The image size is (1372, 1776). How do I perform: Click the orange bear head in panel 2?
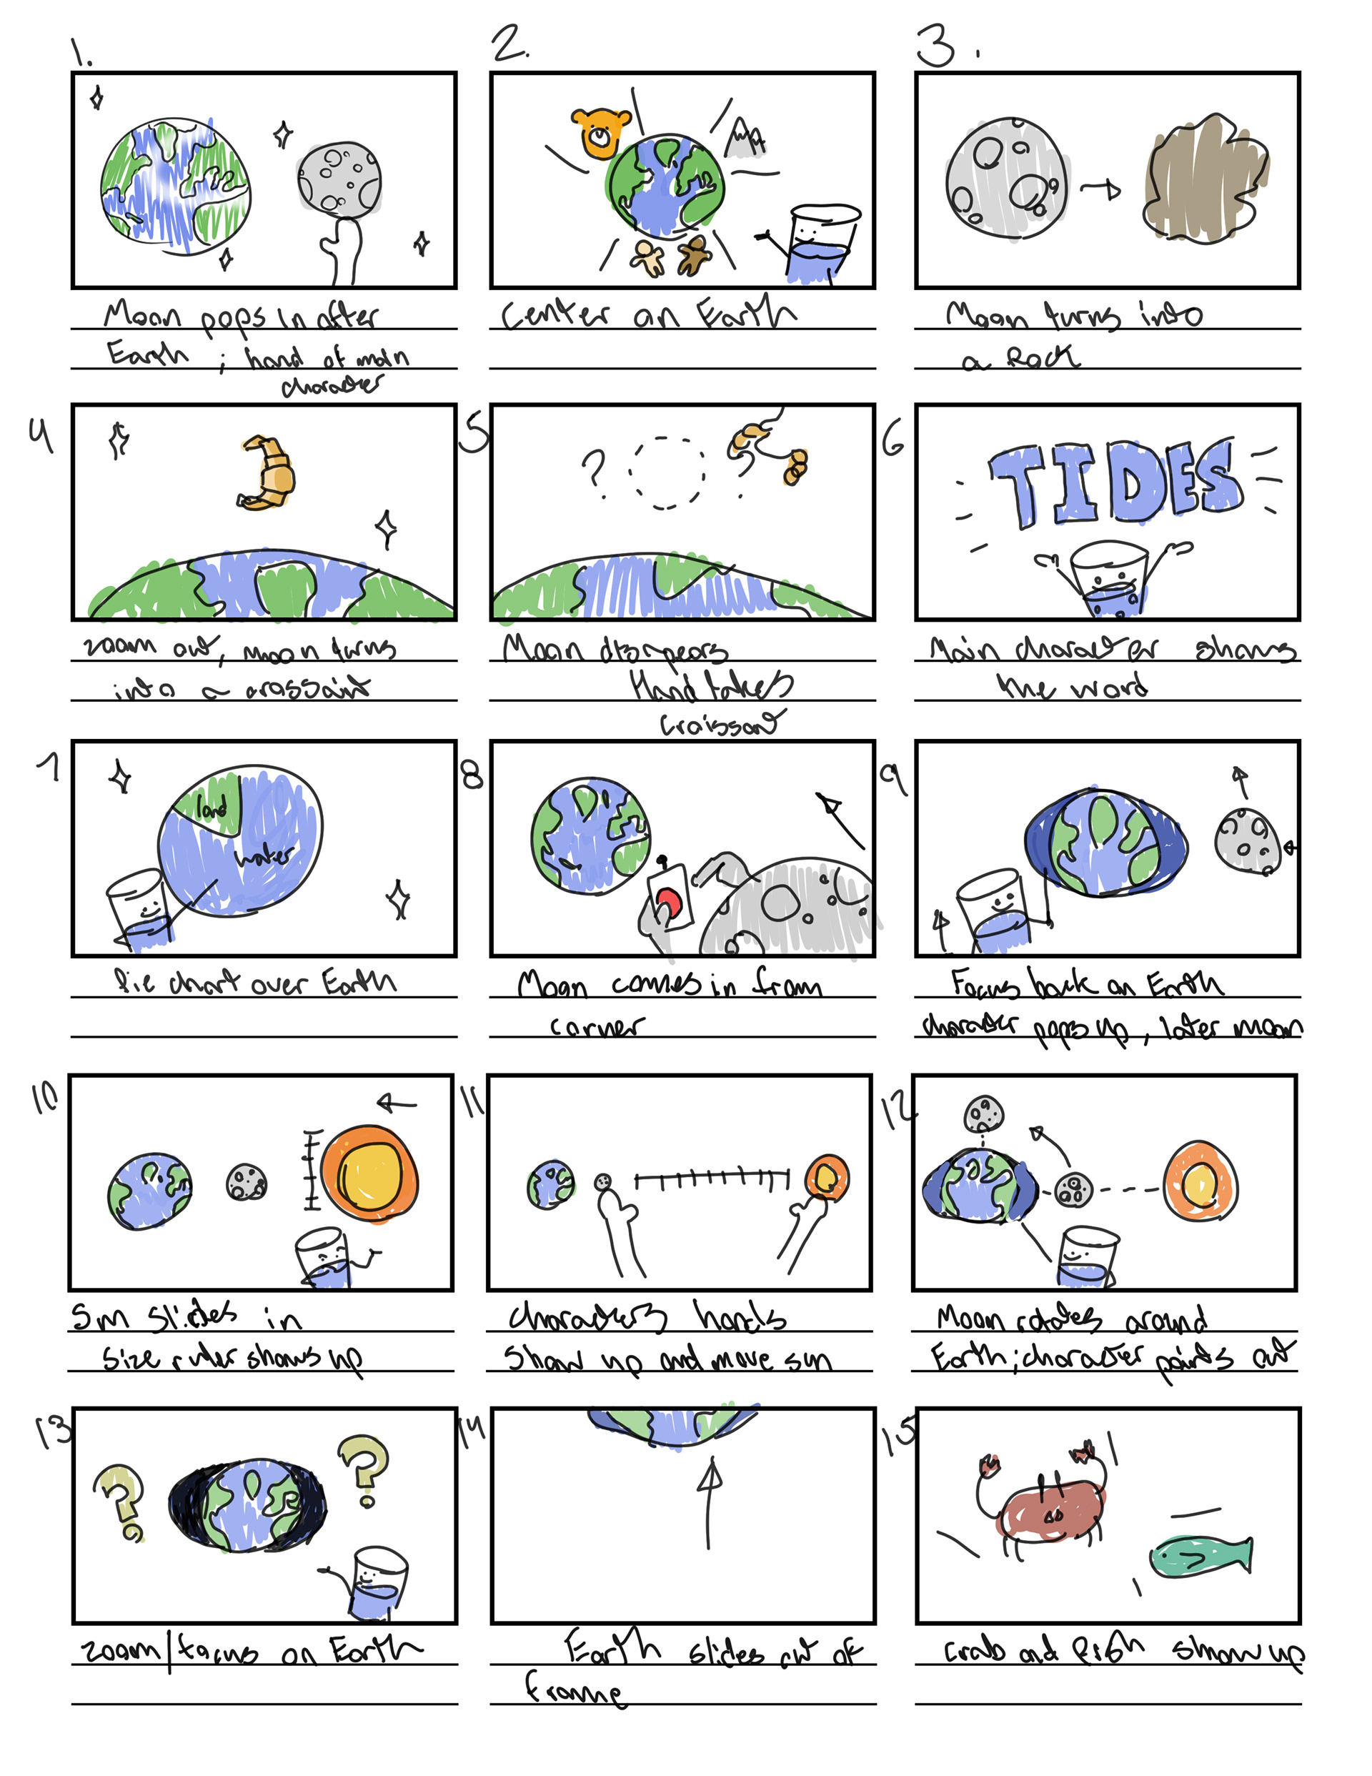click(x=600, y=132)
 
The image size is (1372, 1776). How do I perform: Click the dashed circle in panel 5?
click(x=667, y=473)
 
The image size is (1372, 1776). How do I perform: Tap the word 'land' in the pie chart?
click(x=211, y=809)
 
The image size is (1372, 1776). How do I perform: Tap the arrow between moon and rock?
click(x=1100, y=190)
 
